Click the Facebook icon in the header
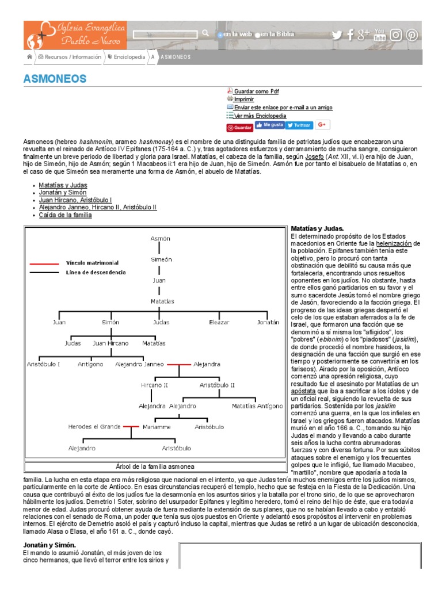[350, 35]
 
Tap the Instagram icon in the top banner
[396, 35]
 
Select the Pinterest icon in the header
[412, 35]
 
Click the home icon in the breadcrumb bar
[29, 57]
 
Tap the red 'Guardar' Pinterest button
[239, 127]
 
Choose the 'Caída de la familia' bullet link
[65, 215]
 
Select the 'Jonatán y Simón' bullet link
[63, 193]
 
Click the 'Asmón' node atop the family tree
[160, 238]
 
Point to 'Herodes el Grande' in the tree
[94, 427]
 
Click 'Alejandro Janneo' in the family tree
[139, 364]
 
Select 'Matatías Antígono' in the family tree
[257, 406]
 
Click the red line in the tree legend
[44, 263]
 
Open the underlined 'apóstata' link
[303, 391]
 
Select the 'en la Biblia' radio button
[258, 35]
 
